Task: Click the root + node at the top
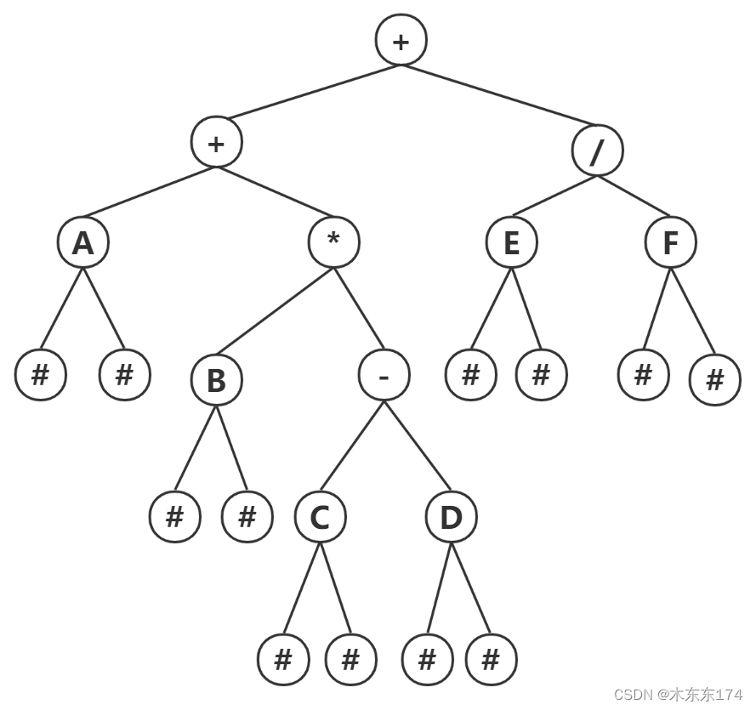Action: coord(401,40)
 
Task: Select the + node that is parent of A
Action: coord(216,143)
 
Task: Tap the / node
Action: coord(597,151)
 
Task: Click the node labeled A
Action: coord(82,243)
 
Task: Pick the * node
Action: coord(333,241)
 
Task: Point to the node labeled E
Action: coord(511,243)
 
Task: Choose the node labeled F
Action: coord(670,243)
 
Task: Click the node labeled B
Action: coord(216,381)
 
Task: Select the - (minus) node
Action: coord(384,376)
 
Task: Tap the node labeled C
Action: coord(320,517)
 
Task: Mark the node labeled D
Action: coord(451,517)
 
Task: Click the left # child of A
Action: coord(40,374)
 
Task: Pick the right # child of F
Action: coord(714,380)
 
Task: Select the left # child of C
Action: coord(283,660)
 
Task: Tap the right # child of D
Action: coord(491,660)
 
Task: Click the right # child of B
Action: coord(247,516)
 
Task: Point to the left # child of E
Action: coord(470,374)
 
